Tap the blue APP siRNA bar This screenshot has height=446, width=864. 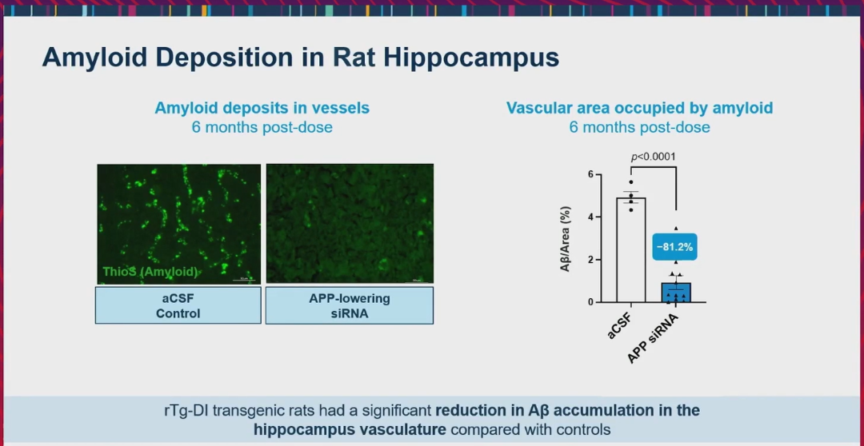[676, 293]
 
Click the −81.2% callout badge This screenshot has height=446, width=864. [675, 247]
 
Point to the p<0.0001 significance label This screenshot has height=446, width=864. [653, 157]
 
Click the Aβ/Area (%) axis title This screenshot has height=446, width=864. [566, 239]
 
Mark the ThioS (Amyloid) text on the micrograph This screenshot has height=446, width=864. [150, 272]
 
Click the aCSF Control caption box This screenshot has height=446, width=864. [178, 305]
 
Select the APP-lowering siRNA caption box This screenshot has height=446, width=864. [350, 305]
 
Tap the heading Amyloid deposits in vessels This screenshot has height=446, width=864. [262, 108]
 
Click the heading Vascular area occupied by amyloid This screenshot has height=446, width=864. [640, 108]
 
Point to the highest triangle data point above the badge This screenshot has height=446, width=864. [675, 228]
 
